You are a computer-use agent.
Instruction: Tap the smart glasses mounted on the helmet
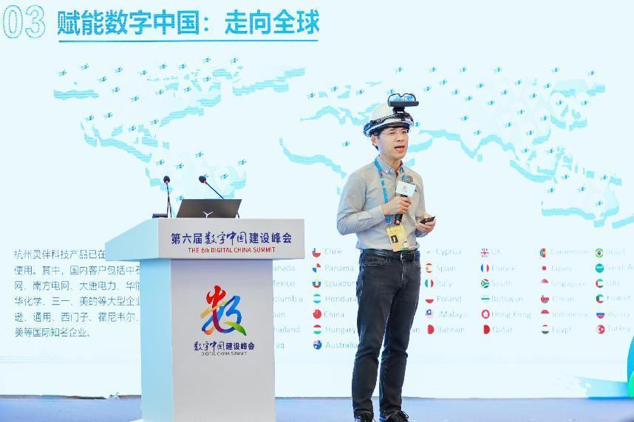click(x=403, y=100)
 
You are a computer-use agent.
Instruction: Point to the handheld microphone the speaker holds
click(x=405, y=190)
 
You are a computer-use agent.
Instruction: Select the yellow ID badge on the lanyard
click(x=398, y=237)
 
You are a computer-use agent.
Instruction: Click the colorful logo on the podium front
click(x=231, y=311)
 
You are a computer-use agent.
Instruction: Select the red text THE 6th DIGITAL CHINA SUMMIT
click(x=231, y=249)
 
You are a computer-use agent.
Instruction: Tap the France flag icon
click(x=485, y=269)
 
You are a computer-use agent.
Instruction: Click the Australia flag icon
click(x=317, y=345)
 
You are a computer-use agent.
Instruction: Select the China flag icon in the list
click(x=317, y=314)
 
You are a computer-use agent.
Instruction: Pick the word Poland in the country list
click(x=448, y=299)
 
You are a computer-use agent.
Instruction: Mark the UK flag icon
click(x=485, y=252)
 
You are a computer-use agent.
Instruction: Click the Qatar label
click(x=502, y=329)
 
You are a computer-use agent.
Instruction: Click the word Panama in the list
click(x=338, y=268)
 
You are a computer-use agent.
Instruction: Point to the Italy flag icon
click(x=429, y=283)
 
